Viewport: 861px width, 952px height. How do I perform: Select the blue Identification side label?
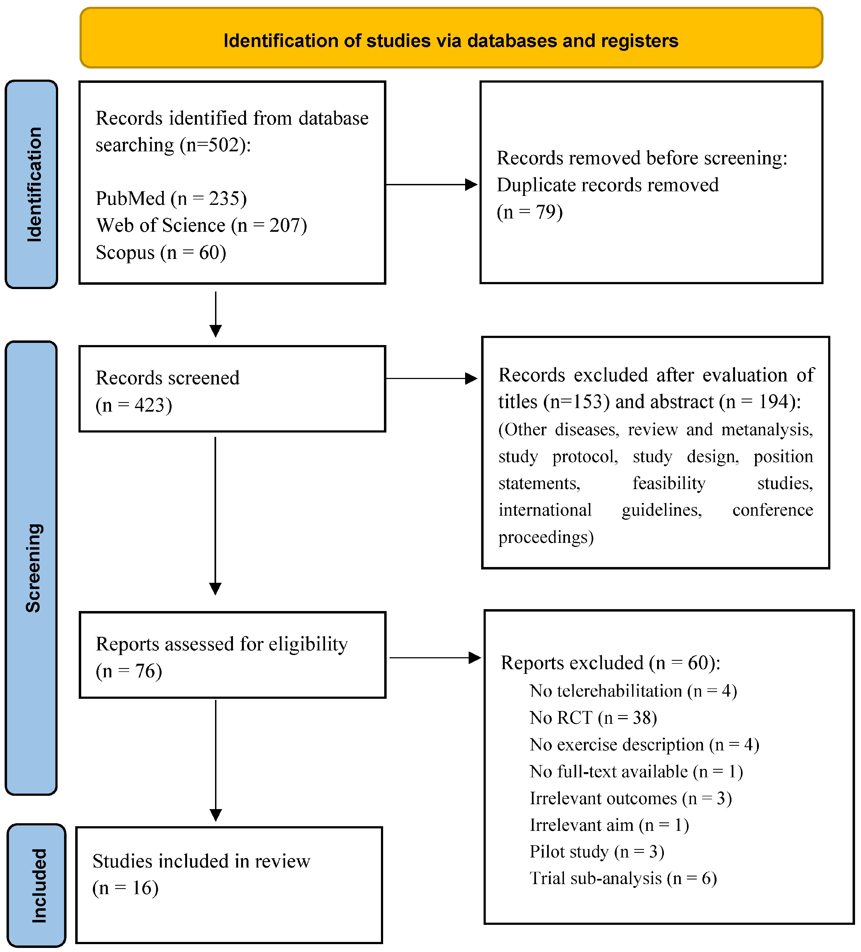31,184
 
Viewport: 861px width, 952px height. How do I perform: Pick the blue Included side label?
37,886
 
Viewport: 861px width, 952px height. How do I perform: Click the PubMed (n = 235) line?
171,198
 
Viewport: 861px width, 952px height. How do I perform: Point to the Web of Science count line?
201,225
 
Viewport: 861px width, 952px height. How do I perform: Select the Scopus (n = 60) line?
160,253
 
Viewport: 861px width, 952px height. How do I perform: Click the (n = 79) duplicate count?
530,212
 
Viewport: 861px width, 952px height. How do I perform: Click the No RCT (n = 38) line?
593,718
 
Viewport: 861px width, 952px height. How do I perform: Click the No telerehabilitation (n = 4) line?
633,691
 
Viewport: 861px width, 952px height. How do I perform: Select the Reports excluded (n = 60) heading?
610,663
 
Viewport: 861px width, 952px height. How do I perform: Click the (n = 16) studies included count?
125,888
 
